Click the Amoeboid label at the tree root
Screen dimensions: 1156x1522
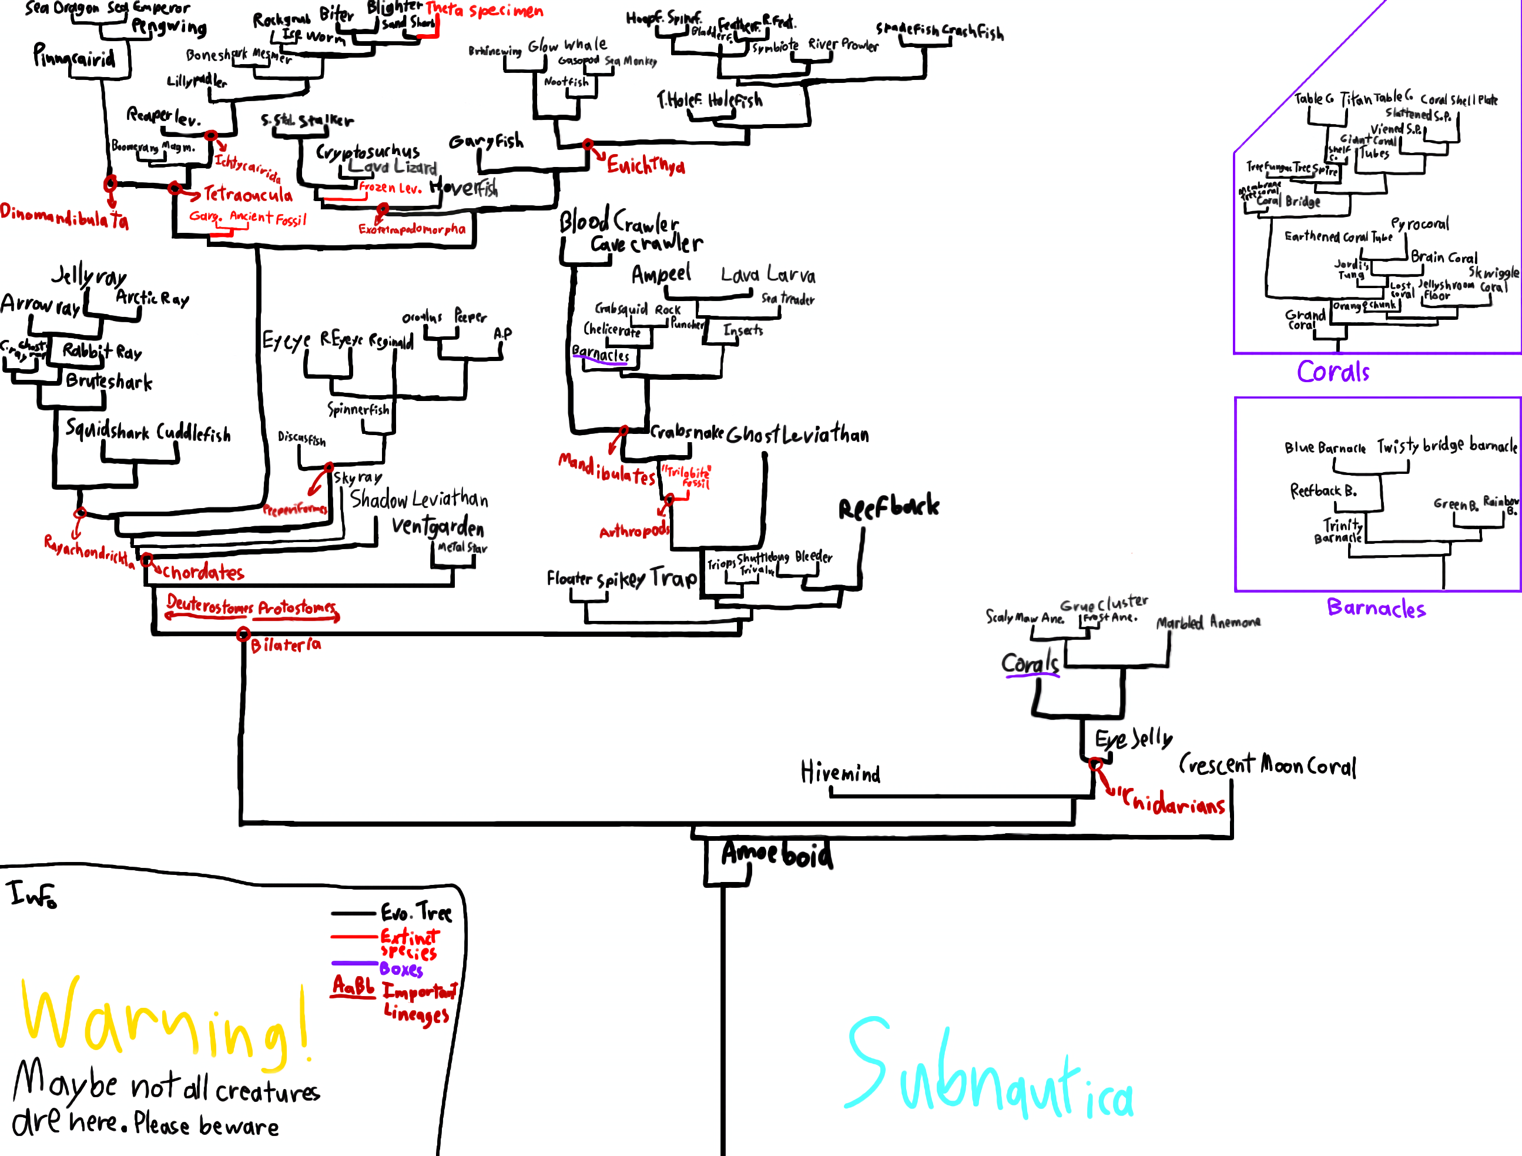[x=776, y=854]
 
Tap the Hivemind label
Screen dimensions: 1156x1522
[x=840, y=773]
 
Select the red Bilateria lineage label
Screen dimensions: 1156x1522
[x=285, y=645]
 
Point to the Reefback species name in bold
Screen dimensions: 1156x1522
[x=889, y=507]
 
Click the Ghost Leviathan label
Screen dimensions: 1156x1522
[x=797, y=435]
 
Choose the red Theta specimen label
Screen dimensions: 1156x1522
[x=484, y=11]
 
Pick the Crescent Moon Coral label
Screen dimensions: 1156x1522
[x=1267, y=765]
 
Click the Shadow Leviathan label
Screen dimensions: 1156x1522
[x=418, y=499]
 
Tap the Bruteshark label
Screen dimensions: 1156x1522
[x=109, y=382]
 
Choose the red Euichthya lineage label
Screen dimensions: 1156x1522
[x=645, y=165]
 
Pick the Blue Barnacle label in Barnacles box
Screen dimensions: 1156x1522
[x=1325, y=448]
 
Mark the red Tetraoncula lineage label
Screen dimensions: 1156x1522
[x=248, y=195]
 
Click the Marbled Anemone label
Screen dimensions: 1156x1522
[x=1208, y=623]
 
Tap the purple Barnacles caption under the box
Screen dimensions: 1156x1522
[x=1376, y=608]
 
